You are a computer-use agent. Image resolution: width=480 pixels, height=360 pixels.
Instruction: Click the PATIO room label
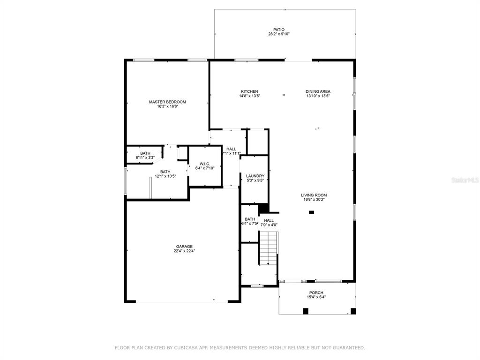click(279, 30)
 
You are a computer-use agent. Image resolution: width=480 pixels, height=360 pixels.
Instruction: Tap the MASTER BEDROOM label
click(167, 102)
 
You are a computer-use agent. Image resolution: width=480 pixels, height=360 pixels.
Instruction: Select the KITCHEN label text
click(249, 91)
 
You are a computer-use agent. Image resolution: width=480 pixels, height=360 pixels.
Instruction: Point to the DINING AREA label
click(318, 91)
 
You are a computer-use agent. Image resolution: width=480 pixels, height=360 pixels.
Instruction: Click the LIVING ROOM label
click(314, 195)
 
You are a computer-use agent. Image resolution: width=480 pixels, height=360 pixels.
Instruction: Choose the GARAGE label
click(184, 247)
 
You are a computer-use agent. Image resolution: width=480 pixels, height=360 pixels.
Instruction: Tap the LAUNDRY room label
click(255, 176)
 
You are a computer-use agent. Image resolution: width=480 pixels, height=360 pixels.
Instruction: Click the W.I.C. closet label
click(205, 164)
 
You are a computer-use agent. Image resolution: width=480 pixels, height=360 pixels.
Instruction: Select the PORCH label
click(316, 293)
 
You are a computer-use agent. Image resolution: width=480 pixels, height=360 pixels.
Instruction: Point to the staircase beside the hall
click(269, 248)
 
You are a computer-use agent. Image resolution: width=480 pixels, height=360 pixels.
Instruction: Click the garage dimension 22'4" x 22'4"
click(184, 251)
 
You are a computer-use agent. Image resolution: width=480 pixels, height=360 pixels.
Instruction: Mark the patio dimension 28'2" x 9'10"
click(279, 34)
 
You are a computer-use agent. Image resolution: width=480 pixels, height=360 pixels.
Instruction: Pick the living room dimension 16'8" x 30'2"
click(314, 200)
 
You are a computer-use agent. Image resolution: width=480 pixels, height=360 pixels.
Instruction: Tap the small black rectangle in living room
click(311, 212)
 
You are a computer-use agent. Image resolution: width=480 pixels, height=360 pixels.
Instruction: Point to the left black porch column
click(306, 311)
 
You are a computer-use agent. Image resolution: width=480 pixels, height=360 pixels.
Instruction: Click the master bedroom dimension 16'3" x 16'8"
click(167, 106)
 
